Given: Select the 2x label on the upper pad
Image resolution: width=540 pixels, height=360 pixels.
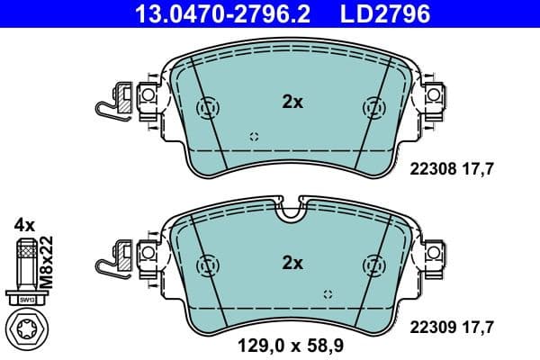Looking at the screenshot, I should (292, 103).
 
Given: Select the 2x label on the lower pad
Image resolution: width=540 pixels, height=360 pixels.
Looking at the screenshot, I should (292, 263).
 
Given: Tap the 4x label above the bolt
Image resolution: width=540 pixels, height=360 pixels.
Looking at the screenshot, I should (23, 223).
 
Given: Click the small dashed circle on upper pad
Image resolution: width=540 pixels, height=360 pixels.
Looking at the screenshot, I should (254, 136).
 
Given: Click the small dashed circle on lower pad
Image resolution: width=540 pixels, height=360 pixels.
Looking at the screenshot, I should (328, 294).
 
